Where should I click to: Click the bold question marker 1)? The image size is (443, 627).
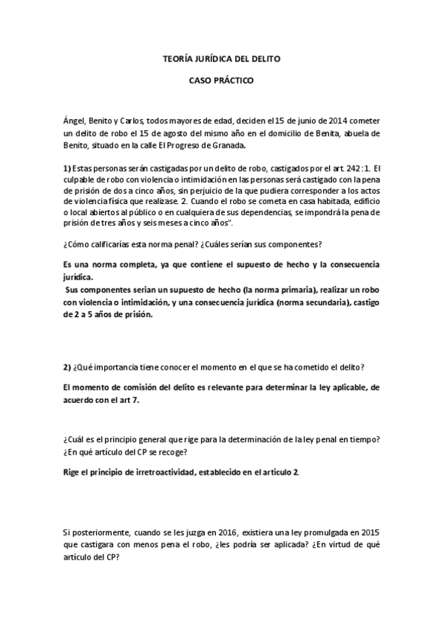pyautogui.click(x=67, y=169)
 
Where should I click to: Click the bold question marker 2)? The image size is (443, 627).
pyautogui.click(x=67, y=367)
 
